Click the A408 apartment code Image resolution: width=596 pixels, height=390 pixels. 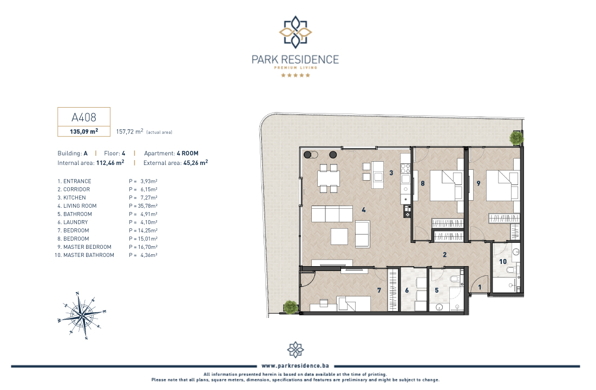(84, 117)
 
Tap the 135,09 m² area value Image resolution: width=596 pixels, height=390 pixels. (84, 131)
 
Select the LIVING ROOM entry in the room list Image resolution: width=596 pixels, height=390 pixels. (77, 206)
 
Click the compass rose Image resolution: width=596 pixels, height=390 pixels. (82, 315)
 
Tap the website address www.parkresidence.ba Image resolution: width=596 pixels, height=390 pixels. (296, 366)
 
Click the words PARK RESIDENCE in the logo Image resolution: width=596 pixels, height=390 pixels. (296, 60)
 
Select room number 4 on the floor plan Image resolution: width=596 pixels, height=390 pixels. (364, 210)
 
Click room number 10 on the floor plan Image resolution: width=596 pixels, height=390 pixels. (503, 262)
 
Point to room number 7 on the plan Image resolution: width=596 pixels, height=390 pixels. (379, 290)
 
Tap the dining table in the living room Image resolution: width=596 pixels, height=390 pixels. (329, 178)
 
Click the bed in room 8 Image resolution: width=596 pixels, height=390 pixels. (446, 186)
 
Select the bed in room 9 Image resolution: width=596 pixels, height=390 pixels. (502, 186)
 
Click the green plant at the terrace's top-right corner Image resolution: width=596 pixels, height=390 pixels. (516, 138)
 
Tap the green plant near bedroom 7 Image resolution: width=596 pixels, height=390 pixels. (290, 307)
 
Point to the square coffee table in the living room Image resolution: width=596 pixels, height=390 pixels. (339, 236)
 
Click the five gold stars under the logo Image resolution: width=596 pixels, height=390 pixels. (296, 75)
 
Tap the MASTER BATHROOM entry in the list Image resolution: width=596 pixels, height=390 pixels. (84, 255)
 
